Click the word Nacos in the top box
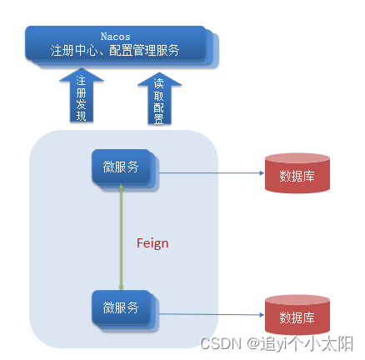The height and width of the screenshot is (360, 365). [115, 37]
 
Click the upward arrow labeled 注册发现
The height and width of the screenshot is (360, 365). [81, 96]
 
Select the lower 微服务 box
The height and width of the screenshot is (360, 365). [121, 308]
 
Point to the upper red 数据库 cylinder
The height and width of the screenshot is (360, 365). [296, 173]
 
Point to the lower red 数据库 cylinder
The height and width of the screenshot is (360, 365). [296, 316]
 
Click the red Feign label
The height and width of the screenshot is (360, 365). [152, 243]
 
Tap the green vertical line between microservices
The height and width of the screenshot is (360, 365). [122, 242]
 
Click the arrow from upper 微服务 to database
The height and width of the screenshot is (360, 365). [208, 173]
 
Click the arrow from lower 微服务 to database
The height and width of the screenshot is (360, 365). [208, 315]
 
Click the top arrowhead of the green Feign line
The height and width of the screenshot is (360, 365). [122, 190]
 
